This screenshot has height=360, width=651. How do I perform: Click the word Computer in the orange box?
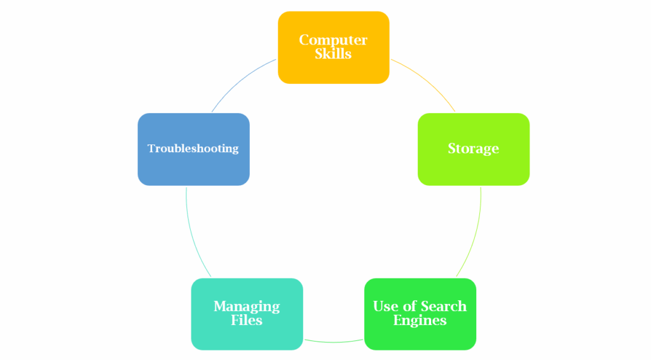[333, 40]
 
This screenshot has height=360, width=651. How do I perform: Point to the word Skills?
[333, 54]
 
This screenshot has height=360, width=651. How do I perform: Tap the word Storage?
[473, 149]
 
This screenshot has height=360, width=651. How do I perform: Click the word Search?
[438, 306]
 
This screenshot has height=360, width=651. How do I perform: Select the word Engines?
[420, 320]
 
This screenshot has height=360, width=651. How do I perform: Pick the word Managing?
[247, 306]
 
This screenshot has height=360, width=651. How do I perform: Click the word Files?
[247, 320]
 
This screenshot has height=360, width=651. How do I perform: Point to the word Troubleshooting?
[193, 148]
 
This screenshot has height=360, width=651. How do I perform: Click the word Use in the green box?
[385, 306]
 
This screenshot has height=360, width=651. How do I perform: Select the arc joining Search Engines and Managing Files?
[333, 342]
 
